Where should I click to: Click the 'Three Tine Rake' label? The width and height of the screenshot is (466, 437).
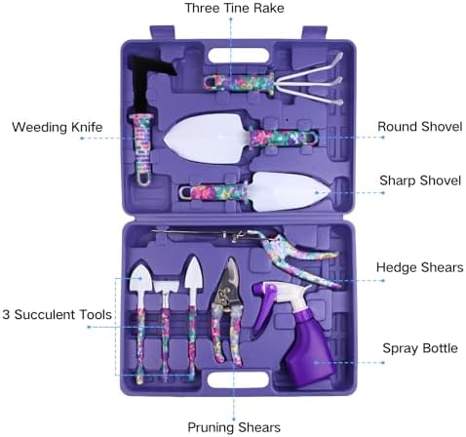click(234, 8)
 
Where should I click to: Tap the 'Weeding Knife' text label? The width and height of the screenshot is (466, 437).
click(58, 127)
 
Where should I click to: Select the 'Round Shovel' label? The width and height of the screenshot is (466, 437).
click(419, 127)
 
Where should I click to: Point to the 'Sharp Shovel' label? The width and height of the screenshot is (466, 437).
click(420, 180)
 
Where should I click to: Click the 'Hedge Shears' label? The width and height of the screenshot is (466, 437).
click(419, 267)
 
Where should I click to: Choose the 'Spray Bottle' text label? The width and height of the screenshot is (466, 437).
click(420, 348)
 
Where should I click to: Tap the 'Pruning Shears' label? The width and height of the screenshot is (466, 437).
click(234, 427)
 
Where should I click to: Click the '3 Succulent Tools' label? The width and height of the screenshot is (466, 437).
click(57, 315)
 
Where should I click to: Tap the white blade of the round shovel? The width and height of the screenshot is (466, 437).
click(208, 139)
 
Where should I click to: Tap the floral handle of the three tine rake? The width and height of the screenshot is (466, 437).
click(239, 84)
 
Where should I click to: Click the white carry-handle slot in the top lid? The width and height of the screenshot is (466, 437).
click(239, 56)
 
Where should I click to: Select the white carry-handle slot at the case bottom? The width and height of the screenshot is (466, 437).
click(238, 379)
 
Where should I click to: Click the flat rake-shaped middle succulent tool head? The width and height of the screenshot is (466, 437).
click(166, 286)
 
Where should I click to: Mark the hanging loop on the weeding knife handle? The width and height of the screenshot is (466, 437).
click(143, 179)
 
